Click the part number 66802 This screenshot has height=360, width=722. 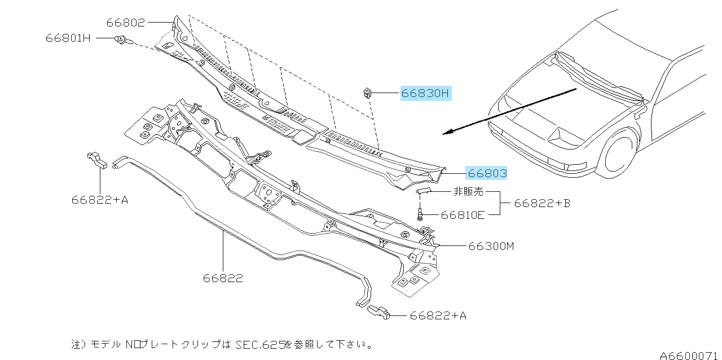click(x=126, y=23)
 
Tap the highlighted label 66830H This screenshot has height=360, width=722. click(x=426, y=94)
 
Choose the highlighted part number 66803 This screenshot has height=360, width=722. click(x=487, y=173)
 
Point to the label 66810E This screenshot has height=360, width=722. click(x=463, y=214)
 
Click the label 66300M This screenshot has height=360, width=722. click(x=491, y=246)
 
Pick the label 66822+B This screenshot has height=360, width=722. click(x=542, y=203)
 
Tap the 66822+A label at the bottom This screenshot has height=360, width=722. click(x=438, y=316)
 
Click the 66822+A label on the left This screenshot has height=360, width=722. click(x=100, y=199)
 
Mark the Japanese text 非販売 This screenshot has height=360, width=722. click(x=468, y=191)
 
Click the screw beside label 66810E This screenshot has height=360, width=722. click(x=420, y=213)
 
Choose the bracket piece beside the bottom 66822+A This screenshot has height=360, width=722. click(x=379, y=312)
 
